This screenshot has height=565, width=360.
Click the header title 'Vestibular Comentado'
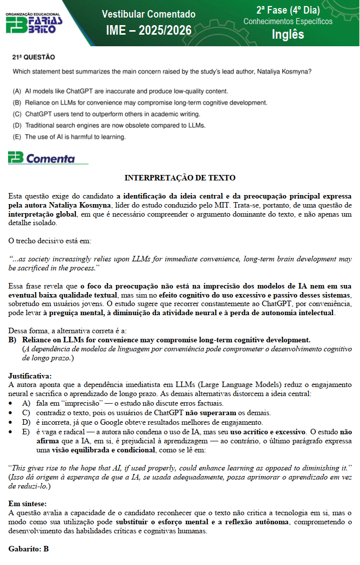tap(148, 14)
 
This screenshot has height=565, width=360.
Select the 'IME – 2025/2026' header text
tap(148, 31)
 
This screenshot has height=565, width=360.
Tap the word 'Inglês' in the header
tap(288, 34)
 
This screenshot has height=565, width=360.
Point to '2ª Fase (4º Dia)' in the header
tap(288, 10)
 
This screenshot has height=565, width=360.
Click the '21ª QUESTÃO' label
tap(33, 57)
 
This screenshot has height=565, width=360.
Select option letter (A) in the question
tap(17, 91)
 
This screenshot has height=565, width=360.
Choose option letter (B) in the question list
tap(17, 103)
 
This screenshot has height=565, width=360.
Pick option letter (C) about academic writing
tap(17, 114)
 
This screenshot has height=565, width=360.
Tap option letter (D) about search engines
tap(17, 125)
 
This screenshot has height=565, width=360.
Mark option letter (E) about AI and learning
tap(17, 137)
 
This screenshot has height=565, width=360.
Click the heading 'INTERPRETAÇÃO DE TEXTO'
tap(180, 178)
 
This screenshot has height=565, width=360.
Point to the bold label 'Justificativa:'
tap(30, 375)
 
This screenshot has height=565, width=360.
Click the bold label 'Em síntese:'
tap(27, 503)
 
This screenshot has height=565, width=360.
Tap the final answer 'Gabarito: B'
tap(29, 548)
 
